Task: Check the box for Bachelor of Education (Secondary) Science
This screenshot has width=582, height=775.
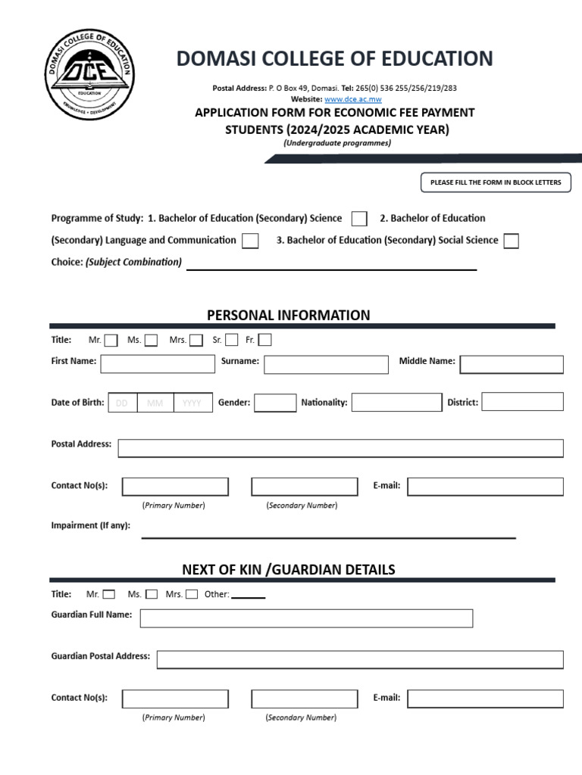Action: [x=359, y=219]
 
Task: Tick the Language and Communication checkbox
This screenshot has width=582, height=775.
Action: [x=250, y=241]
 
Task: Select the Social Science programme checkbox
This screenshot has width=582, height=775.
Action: [x=512, y=241]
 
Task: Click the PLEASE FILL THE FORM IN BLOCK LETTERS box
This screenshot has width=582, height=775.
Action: [x=496, y=182]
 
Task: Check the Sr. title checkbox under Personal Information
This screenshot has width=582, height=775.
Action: [x=232, y=340]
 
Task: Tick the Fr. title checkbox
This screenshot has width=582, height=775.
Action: [x=264, y=340]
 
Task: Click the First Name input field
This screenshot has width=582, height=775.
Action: [x=158, y=364]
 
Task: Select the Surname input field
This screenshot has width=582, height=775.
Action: [x=326, y=365]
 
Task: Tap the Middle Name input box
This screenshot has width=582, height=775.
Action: [x=512, y=365]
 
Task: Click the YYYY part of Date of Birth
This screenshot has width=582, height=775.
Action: [x=192, y=403]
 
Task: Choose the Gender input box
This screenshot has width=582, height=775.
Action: [x=275, y=403]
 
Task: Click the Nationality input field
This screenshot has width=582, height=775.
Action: [x=396, y=403]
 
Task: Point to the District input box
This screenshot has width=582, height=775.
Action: [x=522, y=402]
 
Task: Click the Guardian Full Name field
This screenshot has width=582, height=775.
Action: [x=306, y=618]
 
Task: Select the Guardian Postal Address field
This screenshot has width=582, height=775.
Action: [x=360, y=659]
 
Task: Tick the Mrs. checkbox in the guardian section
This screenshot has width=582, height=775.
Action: [x=192, y=594]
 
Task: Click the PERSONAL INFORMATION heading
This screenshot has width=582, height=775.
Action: [x=289, y=315]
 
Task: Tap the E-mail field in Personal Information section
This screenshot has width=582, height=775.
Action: [x=485, y=487]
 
